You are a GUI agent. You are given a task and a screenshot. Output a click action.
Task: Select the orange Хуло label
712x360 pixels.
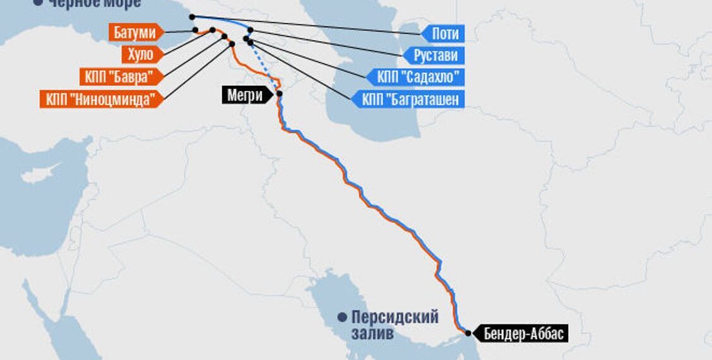click(141, 54)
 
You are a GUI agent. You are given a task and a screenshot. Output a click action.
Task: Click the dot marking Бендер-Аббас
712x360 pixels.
click(468, 333)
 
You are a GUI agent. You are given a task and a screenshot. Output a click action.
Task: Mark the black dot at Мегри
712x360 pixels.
click(279, 93)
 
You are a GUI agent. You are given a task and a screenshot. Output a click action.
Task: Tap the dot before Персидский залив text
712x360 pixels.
click(342, 316)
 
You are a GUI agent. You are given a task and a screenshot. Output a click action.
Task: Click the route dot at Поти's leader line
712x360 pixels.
click(192, 17)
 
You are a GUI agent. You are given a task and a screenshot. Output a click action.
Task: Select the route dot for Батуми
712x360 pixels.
click(196, 30)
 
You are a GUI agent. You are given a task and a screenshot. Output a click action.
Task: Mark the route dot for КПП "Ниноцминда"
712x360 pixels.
click(232, 44)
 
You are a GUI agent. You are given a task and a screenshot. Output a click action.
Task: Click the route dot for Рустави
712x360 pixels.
click(251, 30)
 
